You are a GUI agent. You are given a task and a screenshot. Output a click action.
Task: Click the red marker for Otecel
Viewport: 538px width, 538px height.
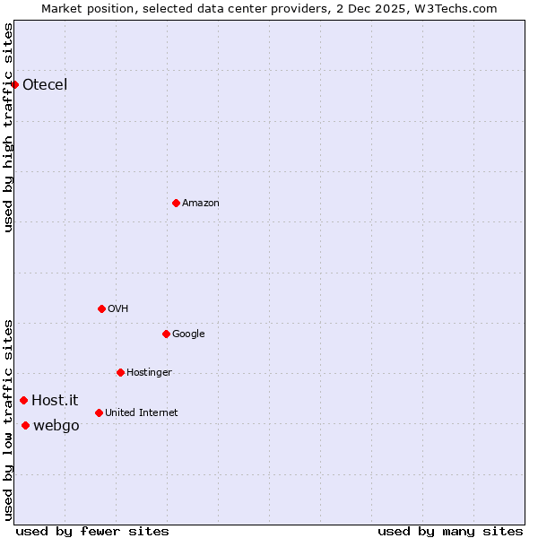point(15,85)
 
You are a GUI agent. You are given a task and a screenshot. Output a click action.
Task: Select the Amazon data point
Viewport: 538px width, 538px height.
point(176,204)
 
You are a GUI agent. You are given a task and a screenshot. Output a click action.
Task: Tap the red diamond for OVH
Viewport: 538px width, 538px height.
point(101,309)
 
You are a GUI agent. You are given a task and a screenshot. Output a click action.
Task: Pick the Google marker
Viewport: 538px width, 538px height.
point(166,334)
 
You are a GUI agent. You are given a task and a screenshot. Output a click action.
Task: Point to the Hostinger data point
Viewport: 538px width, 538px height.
point(120,373)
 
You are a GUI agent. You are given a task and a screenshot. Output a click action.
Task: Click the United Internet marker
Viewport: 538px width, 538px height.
point(99,413)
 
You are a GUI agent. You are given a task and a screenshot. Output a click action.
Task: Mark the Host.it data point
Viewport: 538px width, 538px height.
point(24,401)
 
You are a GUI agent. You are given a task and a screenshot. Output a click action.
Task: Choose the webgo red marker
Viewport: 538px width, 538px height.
point(25,426)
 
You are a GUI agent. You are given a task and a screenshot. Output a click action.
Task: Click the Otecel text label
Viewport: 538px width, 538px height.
point(45,85)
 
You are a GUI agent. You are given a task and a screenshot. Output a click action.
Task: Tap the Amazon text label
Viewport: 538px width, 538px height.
point(201,204)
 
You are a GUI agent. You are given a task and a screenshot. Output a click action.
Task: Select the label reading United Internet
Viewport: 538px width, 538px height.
point(142,413)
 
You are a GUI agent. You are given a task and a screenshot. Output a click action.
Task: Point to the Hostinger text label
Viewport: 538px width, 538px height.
point(149,373)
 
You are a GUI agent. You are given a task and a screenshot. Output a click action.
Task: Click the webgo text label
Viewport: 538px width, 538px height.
point(56,426)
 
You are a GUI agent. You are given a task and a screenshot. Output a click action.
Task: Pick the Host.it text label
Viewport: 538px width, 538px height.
point(55,401)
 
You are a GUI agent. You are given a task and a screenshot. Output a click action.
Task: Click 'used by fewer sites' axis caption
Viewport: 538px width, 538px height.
point(92,531)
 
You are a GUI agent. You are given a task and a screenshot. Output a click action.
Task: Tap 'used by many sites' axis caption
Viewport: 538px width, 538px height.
point(450,531)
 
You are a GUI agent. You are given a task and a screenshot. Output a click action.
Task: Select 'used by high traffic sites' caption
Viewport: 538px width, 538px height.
point(8,127)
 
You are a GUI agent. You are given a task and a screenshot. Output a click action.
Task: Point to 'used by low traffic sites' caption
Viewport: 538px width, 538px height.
point(8,420)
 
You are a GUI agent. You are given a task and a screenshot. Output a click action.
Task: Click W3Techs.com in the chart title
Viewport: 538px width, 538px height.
point(456,8)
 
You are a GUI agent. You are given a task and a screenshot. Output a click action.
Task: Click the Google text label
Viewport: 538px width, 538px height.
point(188,334)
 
